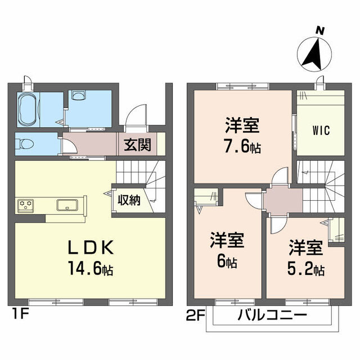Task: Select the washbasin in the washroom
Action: coord(79,96)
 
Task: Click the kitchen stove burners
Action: coord(26,205)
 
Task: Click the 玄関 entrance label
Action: coord(138,145)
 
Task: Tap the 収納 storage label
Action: coord(129,200)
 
